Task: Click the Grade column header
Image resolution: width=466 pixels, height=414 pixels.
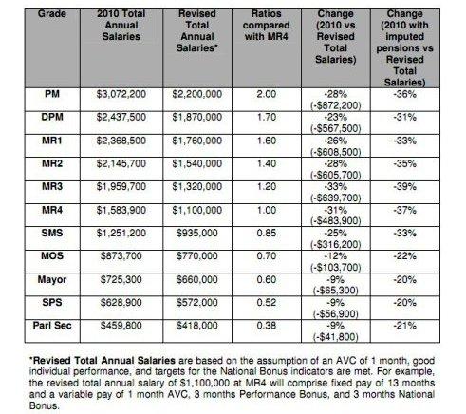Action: tap(52, 14)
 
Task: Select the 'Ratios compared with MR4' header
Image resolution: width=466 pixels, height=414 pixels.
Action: tap(267, 26)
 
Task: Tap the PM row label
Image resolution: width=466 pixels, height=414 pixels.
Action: tap(52, 94)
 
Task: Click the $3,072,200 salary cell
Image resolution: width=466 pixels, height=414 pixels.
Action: tap(121, 94)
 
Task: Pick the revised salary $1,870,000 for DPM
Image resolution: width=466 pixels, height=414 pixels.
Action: tap(197, 118)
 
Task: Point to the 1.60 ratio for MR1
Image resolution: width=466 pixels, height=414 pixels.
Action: tap(267, 141)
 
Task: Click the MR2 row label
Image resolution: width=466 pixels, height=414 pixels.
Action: tap(52, 163)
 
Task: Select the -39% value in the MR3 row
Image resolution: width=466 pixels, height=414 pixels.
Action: tap(404, 187)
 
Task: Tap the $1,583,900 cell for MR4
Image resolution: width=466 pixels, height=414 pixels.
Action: tap(121, 211)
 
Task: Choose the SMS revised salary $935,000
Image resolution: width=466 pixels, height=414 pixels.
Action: tap(197, 234)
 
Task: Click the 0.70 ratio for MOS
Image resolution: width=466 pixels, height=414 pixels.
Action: tap(267, 256)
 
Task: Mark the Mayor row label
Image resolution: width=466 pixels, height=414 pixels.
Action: tap(52, 280)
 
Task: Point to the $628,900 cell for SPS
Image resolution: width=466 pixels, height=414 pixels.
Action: tap(121, 303)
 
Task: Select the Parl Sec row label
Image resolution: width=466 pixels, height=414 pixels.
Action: tap(52, 326)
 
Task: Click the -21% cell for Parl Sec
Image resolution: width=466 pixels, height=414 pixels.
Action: tap(404, 326)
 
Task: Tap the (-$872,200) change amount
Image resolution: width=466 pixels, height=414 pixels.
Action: tap(336, 105)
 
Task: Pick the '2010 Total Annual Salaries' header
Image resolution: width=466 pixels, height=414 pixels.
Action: tap(121, 26)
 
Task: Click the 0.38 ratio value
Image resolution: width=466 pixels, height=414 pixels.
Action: tap(267, 326)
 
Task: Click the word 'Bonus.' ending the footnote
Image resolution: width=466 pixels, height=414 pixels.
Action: tap(45, 405)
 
